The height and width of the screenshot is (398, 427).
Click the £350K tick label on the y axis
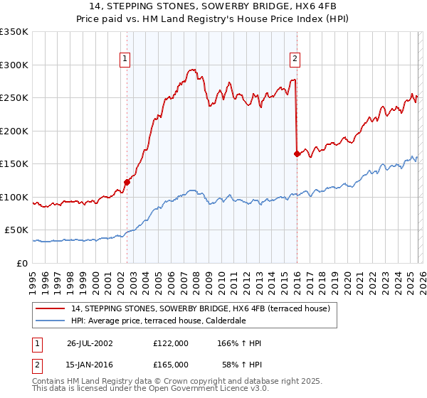tap(14, 32)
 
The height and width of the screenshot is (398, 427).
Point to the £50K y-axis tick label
tap(16, 230)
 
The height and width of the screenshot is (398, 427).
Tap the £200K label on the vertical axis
tap(14, 131)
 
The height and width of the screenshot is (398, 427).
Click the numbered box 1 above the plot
tap(125, 59)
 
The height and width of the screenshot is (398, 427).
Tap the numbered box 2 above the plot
tap(295, 59)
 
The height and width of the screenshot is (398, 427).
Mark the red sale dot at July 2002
tap(127, 182)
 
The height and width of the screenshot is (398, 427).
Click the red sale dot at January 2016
tap(296, 154)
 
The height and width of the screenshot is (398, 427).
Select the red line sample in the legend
tap(51, 309)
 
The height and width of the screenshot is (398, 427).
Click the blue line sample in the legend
tap(51, 321)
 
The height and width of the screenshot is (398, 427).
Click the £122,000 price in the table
tap(170, 343)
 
